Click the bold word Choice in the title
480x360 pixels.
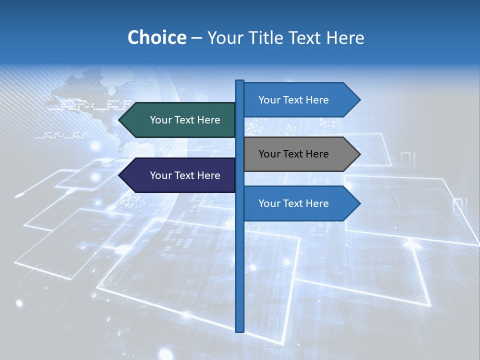point(156,37)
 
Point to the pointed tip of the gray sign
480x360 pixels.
point(359,154)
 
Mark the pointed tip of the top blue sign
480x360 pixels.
point(359,100)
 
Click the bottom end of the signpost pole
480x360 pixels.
point(239,330)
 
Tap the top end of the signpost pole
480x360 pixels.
point(239,81)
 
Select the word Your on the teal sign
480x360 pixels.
point(161,120)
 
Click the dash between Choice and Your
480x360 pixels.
point(196,38)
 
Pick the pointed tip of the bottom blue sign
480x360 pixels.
point(359,203)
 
